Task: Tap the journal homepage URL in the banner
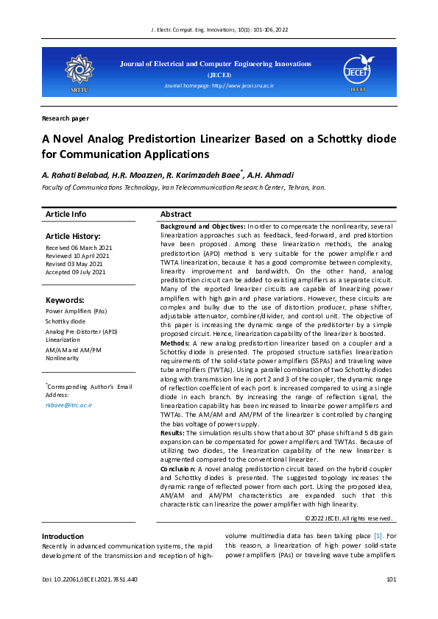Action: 219,86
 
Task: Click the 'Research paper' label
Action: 66,118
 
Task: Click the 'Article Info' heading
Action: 66,214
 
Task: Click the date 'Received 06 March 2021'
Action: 79,248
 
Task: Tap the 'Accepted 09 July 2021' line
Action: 75,272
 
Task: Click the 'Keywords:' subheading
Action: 65,300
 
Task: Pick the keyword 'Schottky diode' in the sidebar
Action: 66,321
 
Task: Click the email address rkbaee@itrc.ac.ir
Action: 68,404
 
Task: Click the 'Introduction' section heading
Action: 63,537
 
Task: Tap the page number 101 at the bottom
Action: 391,601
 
